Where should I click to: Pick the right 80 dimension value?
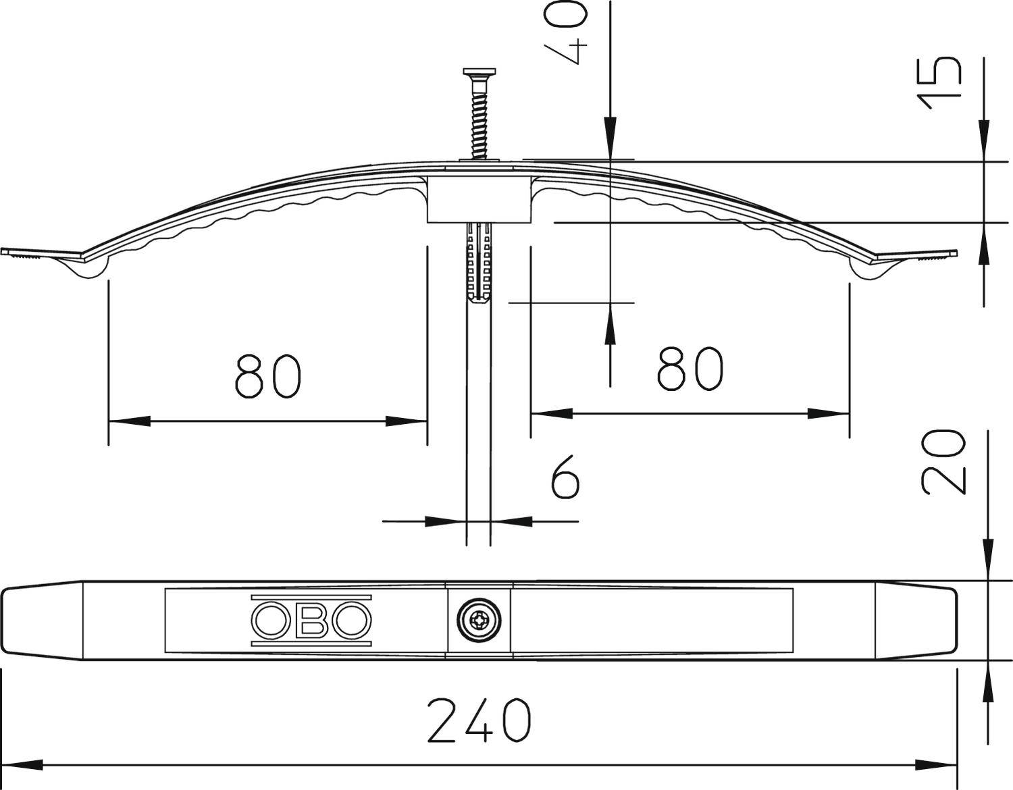(x=690, y=369)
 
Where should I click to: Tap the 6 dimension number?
(x=565, y=476)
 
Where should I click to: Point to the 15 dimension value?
(x=939, y=82)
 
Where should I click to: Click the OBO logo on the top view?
(x=311, y=620)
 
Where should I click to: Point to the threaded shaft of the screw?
(x=479, y=122)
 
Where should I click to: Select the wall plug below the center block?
(x=479, y=263)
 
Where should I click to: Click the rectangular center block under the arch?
(x=478, y=199)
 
